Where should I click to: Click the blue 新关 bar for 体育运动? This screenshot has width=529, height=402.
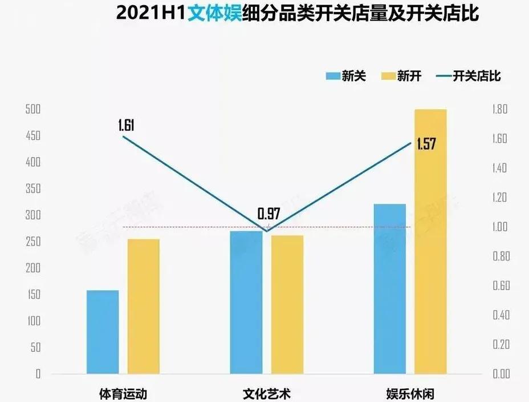click(x=103, y=332)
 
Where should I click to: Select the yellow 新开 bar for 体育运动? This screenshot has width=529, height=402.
click(x=143, y=306)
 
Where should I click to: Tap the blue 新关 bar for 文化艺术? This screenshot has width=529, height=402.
click(x=246, y=302)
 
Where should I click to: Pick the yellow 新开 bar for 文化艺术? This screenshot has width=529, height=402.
click(x=287, y=304)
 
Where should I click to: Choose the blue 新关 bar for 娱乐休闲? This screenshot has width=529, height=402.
click(x=390, y=288)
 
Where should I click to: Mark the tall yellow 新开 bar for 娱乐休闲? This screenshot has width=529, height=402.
click(x=430, y=241)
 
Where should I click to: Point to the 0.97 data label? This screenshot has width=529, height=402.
click(x=269, y=214)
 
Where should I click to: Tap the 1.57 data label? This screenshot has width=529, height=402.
click(x=426, y=144)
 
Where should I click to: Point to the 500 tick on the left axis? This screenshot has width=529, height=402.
click(x=33, y=110)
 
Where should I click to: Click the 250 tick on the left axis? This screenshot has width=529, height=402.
click(x=33, y=242)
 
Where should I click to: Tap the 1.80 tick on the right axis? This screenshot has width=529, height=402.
click(x=500, y=110)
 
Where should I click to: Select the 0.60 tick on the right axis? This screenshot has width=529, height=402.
click(x=500, y=286)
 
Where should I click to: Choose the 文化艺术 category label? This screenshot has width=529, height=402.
click(x=266, y=393)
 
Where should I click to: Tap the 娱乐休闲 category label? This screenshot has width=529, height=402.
click(x=410, y=393)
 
